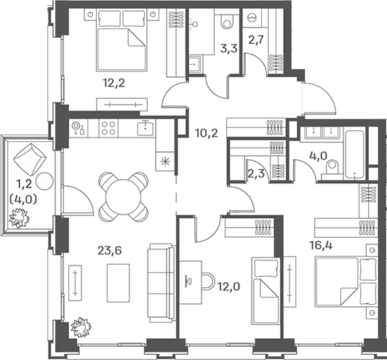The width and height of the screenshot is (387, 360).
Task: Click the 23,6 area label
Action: click(x=110, y=251)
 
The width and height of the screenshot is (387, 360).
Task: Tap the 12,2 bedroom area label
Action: click(x=114, y=83)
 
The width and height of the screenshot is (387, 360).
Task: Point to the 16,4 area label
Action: click(x=321, y=246)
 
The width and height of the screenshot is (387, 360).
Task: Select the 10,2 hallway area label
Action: click(x=207, y=133)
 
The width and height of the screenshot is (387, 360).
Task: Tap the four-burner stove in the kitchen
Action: click(x=108, y=128)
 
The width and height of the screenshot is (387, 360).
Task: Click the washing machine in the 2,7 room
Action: click(x=252, y=17)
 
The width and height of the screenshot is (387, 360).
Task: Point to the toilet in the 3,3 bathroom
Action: click(x=226, y=20)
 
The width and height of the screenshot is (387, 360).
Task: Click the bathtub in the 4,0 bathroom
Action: click(x=355, y=153)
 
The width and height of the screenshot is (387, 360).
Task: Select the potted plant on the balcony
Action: click(x=19, y=218)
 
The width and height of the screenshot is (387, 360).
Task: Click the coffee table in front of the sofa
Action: click(x=119, y=283)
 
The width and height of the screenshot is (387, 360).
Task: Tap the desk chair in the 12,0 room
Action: click(x=208, y=281)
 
